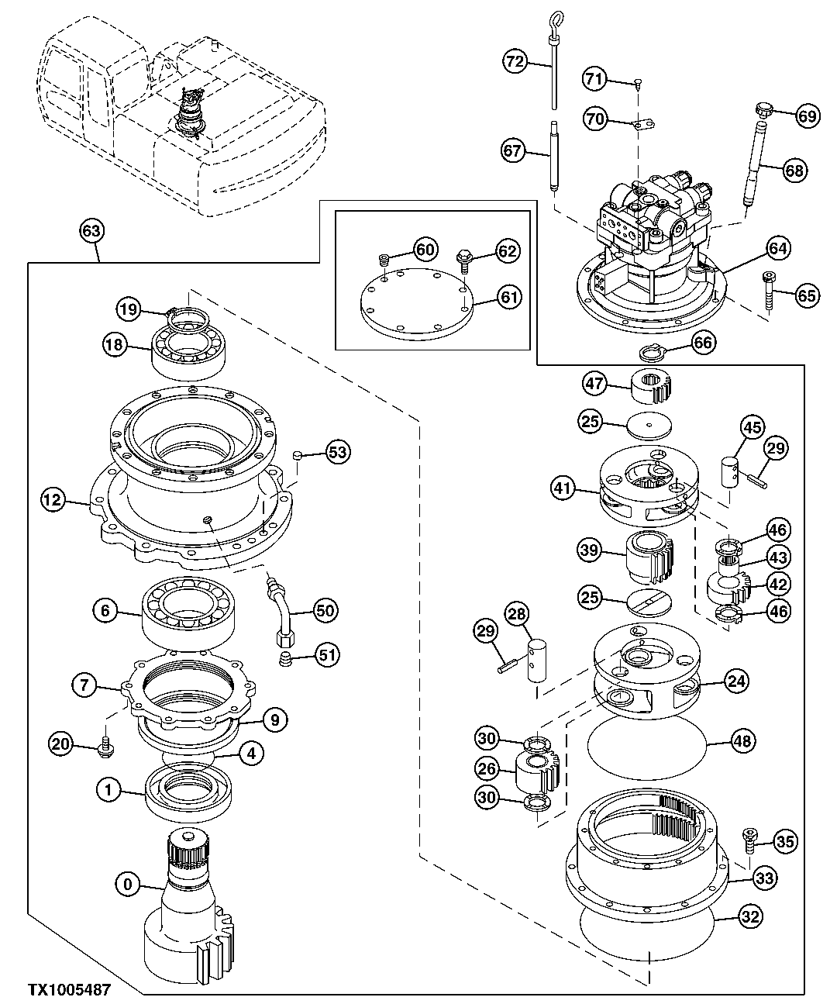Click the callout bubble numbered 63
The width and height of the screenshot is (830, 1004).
[91, 230]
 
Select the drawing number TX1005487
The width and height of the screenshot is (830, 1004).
[69, 990]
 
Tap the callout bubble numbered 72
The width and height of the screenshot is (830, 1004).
[515, 61]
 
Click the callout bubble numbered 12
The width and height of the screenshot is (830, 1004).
[52, 501]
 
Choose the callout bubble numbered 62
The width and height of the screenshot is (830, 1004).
[508, 250]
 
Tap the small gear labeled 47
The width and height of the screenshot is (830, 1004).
[650, 385]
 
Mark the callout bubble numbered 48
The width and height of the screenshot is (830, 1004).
[742, 741]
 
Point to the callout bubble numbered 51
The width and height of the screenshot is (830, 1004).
[325, 656]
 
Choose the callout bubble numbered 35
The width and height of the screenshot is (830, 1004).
[784, 840]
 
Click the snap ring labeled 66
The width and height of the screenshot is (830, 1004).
[654, 354]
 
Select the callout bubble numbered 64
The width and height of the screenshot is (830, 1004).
[777, 248]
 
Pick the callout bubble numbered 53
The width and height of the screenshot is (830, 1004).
[337, 452]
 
